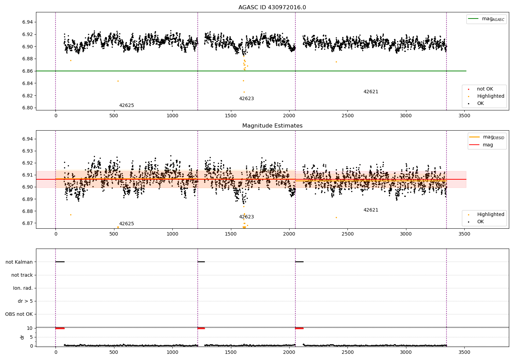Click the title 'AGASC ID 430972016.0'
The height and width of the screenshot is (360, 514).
point(272,8)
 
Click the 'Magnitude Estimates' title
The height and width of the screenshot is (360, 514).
point(272,126)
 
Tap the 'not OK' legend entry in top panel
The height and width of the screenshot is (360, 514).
point(485,89)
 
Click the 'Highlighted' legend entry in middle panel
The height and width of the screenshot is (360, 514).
point(490,215)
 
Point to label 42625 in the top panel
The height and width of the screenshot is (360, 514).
point(126,106)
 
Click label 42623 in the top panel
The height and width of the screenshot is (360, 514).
point(246,99)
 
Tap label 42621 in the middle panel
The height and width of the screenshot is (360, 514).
point(371,210)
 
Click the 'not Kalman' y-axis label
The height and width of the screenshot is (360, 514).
point(19,262)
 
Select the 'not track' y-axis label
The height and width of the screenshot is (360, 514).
point(22,275)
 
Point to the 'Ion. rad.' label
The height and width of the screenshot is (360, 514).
point(23,288)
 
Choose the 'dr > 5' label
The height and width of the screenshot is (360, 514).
point(25,301)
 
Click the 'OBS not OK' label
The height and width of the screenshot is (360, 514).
point(19,314)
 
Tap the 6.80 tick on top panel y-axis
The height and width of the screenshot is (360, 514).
point(27,108)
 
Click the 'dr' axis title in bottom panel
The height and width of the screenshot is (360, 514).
point(22,337)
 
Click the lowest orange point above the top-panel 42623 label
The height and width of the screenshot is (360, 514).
point(244,92)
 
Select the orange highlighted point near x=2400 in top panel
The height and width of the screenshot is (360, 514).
point(336,62)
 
